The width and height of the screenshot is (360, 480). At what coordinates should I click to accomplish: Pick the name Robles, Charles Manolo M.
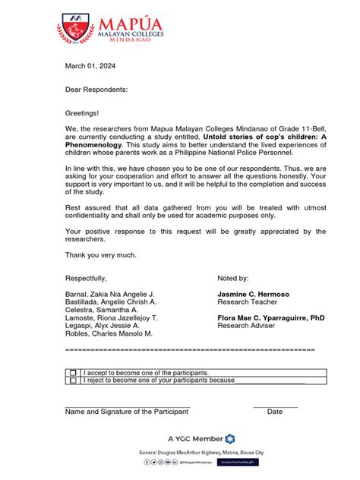click(x=109, y=333)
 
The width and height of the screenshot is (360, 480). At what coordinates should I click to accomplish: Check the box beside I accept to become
click(x=73, y=373)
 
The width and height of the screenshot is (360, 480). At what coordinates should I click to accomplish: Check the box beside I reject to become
click(x=73, y=381)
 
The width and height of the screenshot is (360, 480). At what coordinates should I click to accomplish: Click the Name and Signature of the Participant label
click(x=126, y=412)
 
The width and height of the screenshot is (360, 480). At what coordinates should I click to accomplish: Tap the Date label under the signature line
click(x=275, y=412)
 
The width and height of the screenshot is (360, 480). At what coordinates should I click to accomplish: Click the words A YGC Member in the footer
click(x=195, y=438)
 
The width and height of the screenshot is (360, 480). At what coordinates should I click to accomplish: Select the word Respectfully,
click(x=86, y=278)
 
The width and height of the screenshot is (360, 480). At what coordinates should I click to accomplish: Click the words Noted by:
click(x=238, y=278)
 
